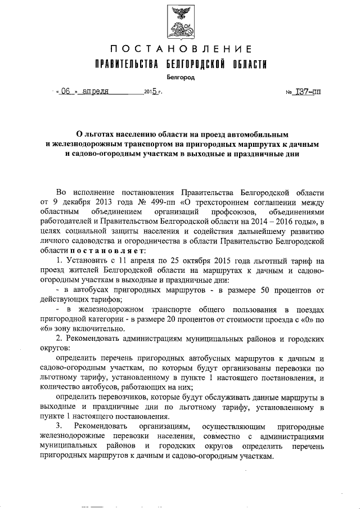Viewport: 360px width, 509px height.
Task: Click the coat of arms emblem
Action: point(180,20)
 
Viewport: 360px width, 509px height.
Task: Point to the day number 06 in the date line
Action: point(66,91)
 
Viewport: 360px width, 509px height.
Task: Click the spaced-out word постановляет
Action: point(102,251)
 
